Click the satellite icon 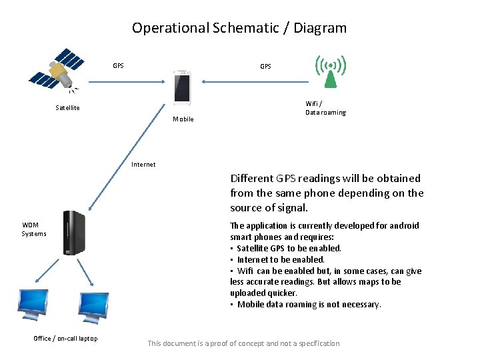click(x=57, y=69)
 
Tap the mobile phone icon click(x=182, y=87)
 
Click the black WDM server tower click(x=73, y=233)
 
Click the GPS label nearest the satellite click(x=118, y=66)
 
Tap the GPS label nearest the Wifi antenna click(x=265, y=67)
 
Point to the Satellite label click(x=67, y=108)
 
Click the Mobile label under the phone click(x=183, y=119)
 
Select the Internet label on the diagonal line click(x=143, y=165)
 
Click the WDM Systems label click(x=34, y=229)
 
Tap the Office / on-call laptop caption click(x=65, y=339)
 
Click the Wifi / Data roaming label click(x=325, y=108)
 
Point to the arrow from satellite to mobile click(x=127, y=82)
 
